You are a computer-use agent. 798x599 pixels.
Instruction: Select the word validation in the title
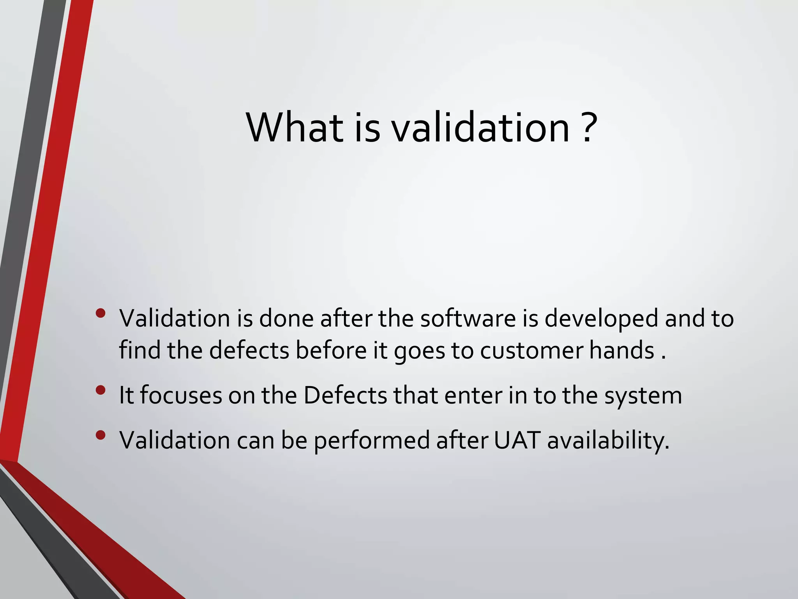click(481, 128)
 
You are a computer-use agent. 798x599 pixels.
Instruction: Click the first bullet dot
click(101, 313)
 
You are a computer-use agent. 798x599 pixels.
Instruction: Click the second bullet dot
click(101, 390)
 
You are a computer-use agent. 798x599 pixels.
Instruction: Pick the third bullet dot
click(101, 435)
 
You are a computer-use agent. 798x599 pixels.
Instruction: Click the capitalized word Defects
click(345, 395)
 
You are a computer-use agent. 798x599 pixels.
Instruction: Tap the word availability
click(608, 441)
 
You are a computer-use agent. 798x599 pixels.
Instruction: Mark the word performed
click(372, 441)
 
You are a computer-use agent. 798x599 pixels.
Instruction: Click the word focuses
click(181, 395)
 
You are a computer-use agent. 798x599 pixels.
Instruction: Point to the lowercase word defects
click(249, 350)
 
